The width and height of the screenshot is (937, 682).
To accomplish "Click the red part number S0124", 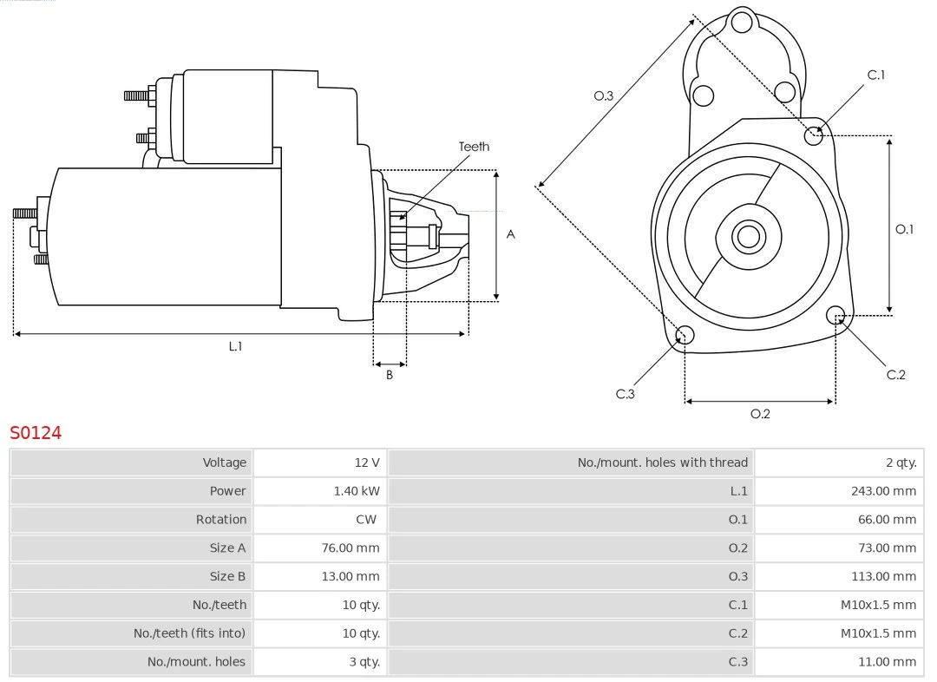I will click(x=36, y=432).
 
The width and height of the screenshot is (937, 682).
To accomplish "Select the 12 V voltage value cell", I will click(x=367, y=462).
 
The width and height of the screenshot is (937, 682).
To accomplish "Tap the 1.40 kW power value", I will click(x=357, y=491).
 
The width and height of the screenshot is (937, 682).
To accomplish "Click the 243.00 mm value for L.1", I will click(x=883, y=491).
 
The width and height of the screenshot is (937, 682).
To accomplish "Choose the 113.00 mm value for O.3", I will click(x=883, y=576).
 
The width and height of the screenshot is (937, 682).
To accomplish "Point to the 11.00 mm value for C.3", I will click(x=886, y=661).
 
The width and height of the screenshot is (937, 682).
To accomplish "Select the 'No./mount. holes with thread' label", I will click(x=662, y=462).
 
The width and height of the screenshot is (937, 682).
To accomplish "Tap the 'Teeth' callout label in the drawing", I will click(x=474, y=147).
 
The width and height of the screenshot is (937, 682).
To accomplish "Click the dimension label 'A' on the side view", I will click(x=510, y=234).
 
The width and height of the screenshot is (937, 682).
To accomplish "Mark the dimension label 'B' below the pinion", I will click(x=390, y=375).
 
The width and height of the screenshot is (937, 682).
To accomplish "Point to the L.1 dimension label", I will click(x=235, y=346).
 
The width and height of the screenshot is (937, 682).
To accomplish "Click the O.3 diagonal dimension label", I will click(x=603, y=95).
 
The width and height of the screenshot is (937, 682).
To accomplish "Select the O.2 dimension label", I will click(x=760, y=414).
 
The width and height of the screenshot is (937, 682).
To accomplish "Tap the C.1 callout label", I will click(x=876, y=75).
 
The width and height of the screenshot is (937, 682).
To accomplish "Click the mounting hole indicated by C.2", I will click(x=835, y=314).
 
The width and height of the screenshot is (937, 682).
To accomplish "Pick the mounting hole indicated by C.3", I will click(x=685, y=335).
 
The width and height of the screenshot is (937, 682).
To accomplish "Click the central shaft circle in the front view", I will click(x=747, y=236).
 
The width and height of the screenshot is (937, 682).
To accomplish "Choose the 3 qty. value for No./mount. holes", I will click(x=364, y=661).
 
